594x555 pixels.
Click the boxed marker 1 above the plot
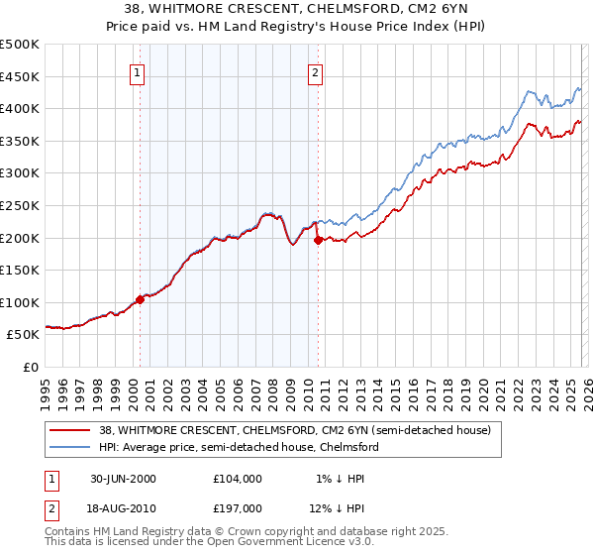tap(136, 71)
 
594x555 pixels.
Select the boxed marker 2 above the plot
tap(315, 71)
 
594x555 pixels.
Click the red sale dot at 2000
tap(140, 300)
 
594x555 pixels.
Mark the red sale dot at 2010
tap(318, 240)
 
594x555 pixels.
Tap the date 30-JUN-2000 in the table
tap(123, 479)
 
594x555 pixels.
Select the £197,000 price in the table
tap(237, 508)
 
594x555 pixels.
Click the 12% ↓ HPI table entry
tap(337, 508)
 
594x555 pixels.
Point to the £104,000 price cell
tap(237, 479)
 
